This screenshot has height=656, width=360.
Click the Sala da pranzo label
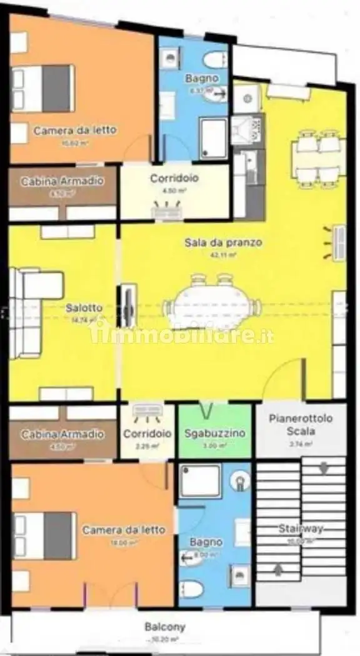222,242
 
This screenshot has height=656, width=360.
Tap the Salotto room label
84,308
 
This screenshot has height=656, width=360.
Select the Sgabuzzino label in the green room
215,433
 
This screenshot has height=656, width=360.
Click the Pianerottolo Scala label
301,424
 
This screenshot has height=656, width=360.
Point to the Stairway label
301,529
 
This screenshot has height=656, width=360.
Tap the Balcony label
164,627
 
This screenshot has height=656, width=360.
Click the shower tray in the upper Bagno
213,139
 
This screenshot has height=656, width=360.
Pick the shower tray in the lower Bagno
199,481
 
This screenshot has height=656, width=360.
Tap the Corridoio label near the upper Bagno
174,178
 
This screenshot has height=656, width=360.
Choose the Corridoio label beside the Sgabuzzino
147,433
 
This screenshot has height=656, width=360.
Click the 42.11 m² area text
223,255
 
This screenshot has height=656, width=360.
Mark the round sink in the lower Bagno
238,480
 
